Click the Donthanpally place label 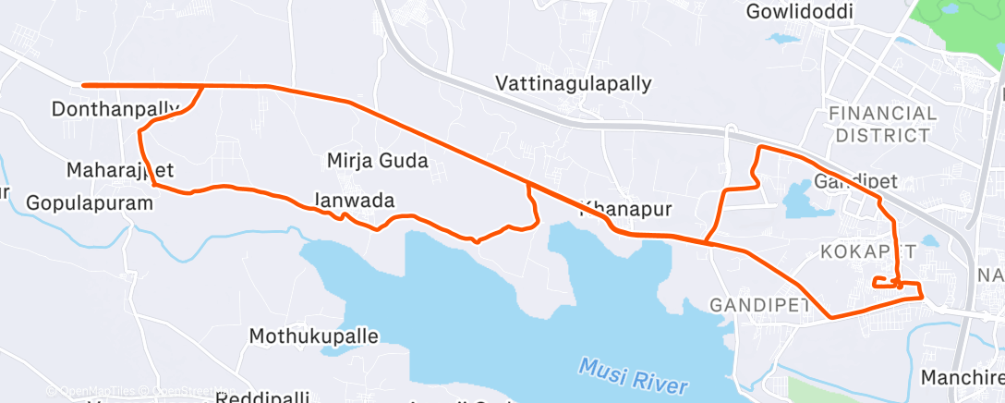pyautogui.click(x=115, y=109)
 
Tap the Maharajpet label pyautogui.click(x=120, y=171)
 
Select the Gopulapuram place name pyautogui.click(x=88, y=201)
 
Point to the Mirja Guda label pyautogui.click(x=378, y=161)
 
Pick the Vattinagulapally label pyautogui.click(x=574, y=83)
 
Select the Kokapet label pyautogui.click(x=868, y=251)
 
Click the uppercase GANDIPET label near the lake pyautogui.click(x=759, y=304)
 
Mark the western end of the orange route pyautogui.click(x=84, y=85)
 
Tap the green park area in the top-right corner pyautogui.click(x=961, y=23)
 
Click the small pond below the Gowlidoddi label pyautogui.click(x=784, y=40)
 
